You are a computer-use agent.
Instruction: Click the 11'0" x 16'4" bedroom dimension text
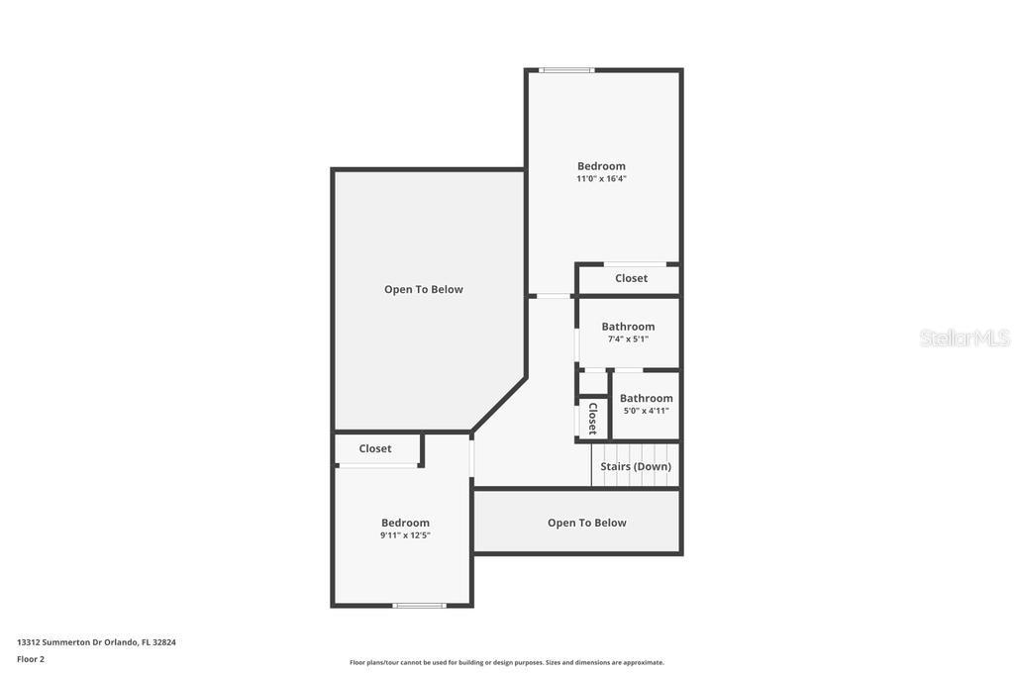click(601, 178)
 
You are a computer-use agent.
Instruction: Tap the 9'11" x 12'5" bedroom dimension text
click(405, 535)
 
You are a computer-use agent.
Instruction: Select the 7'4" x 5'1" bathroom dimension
click(628, 338)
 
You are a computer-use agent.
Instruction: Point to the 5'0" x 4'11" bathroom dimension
click(646, 411)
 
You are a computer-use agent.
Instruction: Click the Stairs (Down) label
click(636, 466)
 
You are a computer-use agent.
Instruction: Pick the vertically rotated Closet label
click(592, 418)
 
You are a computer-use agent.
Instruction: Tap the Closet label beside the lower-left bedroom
click(375, 448)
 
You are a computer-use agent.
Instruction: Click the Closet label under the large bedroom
click(631, 278)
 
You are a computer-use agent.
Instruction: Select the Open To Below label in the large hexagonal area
click(424, 290)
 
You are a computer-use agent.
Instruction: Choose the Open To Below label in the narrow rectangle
click(587, 523)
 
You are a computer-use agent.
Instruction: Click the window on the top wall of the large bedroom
click(566, 70)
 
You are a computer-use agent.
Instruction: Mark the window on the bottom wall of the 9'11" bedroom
click(419, 606)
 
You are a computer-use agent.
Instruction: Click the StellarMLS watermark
click(964, 338)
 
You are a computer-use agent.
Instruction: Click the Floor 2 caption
click(31, 659)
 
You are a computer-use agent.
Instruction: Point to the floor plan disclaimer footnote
click(507, 662)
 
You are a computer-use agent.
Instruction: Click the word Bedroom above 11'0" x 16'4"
click(601, 166)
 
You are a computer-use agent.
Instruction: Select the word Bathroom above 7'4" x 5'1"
click(628, 327)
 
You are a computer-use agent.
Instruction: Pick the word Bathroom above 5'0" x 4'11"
click(646, 398)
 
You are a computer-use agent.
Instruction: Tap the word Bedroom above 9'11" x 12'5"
click(405, 523)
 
